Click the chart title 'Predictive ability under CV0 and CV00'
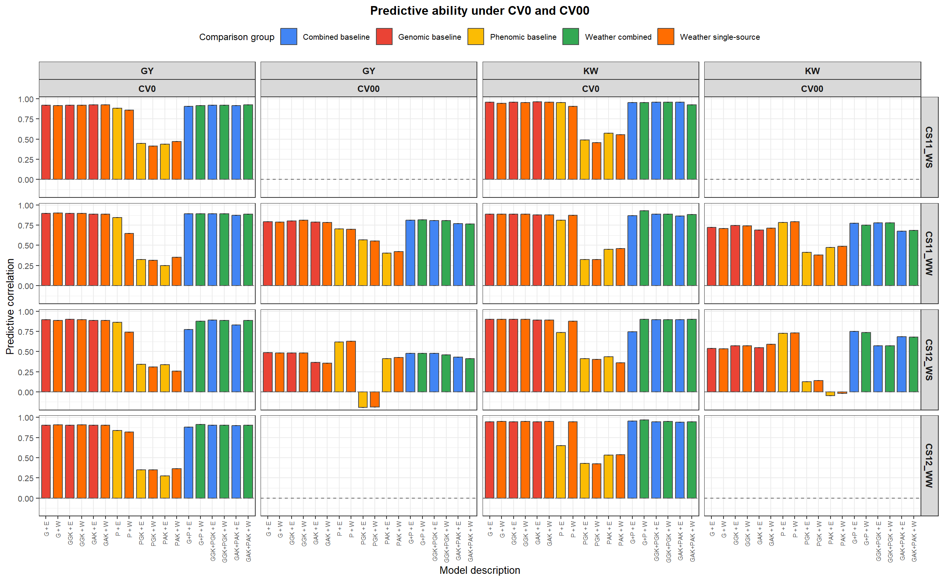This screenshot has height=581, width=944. tap(479, 11)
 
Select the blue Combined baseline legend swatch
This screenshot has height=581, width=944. tap(289, 37)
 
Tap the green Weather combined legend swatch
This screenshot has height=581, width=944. tap(570, 37)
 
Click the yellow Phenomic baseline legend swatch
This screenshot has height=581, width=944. tap(475, 37)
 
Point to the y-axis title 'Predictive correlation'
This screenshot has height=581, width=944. tap(10, 306)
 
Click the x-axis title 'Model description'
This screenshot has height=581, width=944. tap(479, 570)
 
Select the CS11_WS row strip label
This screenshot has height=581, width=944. tap(928, 147)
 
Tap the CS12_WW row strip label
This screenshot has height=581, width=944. tap(928, 465)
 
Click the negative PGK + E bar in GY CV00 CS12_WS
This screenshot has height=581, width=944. tap(363, 400)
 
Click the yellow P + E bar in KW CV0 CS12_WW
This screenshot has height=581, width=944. tap(560, 472)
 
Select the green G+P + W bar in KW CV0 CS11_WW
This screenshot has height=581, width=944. tap(644, 248)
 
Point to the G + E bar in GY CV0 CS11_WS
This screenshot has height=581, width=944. tap(46, 142)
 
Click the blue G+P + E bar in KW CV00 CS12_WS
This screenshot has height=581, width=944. tap(854, 362)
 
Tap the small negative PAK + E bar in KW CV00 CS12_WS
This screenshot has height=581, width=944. tap(830, 394)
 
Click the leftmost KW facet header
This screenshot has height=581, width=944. tap(590, 71)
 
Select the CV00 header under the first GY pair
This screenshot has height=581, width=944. tap(368, 89)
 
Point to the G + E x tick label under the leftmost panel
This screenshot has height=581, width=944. tap(47, 529)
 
